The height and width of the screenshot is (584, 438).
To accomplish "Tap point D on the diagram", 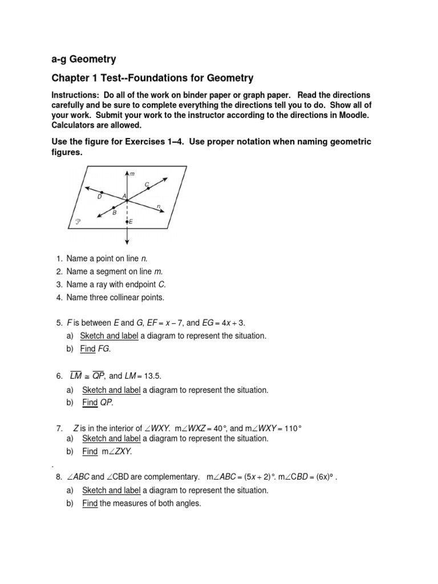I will [x=102, y=193].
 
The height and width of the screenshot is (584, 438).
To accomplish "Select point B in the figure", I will [x=113, y=206].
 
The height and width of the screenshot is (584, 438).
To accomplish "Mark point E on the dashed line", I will [x=126, y=221].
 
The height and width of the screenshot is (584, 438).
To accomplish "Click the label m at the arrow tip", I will [x=131, y=173].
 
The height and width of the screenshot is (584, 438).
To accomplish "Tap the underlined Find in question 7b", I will [x=90, y=452].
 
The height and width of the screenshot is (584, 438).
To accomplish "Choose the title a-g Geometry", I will [x=84, y=59].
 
